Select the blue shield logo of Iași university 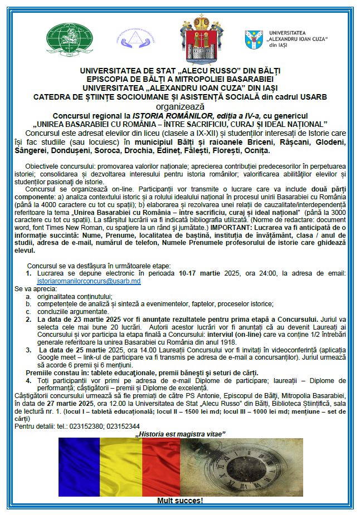(254, 40)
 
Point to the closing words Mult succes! (180, 501)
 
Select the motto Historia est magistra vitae (180, 433)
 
